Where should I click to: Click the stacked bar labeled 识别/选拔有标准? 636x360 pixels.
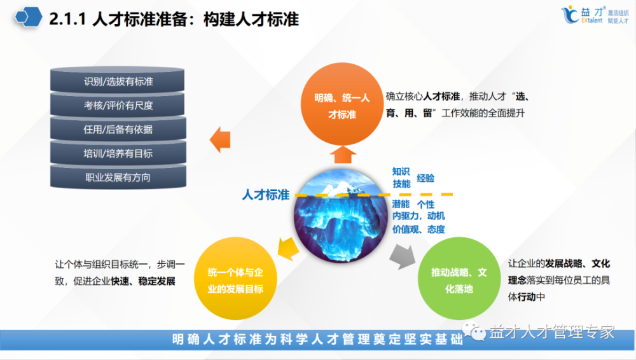(x=118, y=82)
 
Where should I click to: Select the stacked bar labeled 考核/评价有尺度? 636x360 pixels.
(x=118, y=106)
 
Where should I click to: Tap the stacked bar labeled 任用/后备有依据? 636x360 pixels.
(x=118, y=129)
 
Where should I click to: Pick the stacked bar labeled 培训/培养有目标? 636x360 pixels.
(x=118, y=153)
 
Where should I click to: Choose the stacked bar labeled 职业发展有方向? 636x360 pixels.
(x=118, y=177)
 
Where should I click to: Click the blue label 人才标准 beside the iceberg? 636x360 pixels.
(x=266, y=195)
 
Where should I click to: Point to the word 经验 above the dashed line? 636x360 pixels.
(x=425, y=178)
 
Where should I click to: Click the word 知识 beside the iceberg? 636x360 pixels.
(x=401, y=171)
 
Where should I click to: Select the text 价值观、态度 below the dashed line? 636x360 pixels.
(x=418, y=229)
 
